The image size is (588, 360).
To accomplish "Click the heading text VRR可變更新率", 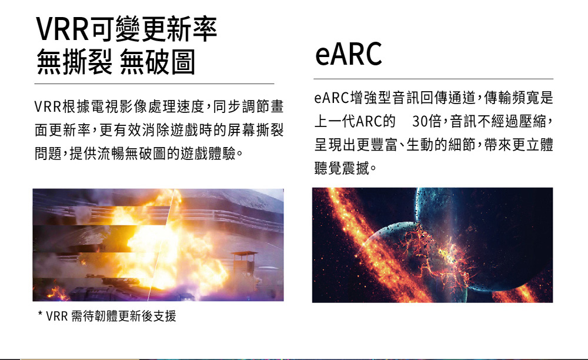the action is pyautogui.click(x=126, y=29).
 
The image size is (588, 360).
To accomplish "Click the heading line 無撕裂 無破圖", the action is pyautogui.click(x=116, y=62).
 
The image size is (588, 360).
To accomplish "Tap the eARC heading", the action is pyautogui.click(x=348, y=54).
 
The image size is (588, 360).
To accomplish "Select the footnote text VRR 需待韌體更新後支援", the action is pyautogui.click(x=111, y=316).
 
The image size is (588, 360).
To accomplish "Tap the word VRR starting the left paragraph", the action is pyautogui.click(x=47, y=107).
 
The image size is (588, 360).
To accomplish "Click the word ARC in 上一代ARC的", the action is pyautogui.click(x=369, y=121).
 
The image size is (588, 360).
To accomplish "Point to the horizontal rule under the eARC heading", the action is pyautogui.click(x=433, y=79).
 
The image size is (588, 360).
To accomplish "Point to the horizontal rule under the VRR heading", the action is pyautogui.click(x=154, y=84).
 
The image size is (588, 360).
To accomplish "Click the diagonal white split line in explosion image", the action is pyautogui.click(x=161, y=245).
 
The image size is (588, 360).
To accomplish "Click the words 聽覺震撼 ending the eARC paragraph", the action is pyautogui.click(x=342, y=168).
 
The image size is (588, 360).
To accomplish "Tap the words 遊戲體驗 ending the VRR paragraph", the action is pyautogui.click(x=208, y=154).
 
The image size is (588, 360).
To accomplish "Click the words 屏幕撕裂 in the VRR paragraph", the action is pyautogui.click(x=256, y=130).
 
